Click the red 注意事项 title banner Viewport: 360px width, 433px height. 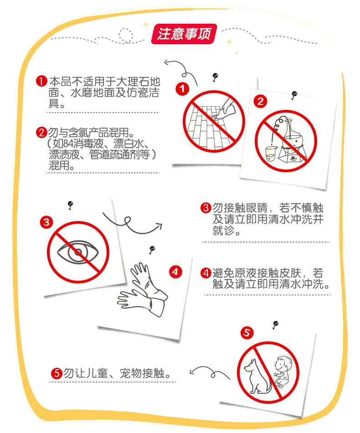click(x=184, y=34)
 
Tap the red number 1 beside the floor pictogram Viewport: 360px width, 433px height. click(x=182, y=89)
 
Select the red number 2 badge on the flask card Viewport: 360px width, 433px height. click(x=260, y=101)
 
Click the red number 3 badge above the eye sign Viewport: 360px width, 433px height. click(x=46, y=222)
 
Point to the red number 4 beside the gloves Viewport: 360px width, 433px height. click(x=175, y=272)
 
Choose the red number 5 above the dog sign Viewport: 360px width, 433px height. click(x=247, y=332)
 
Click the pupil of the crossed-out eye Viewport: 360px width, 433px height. click(x=78, y=252)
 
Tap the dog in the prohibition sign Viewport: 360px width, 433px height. click(x=257, y=376)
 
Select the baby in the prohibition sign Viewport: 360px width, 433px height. click(x=282, y=371)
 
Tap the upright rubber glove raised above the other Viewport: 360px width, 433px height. click(x=147, y=279)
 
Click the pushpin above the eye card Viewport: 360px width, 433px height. click(x=70, y=205)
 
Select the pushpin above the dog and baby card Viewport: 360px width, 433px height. click(x=275, y=325)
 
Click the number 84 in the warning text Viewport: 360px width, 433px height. click(x=69, y=144)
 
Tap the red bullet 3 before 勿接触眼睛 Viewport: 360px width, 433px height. click(x=206, y=208)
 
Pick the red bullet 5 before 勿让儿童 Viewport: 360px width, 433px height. click(x=57, y=373)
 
